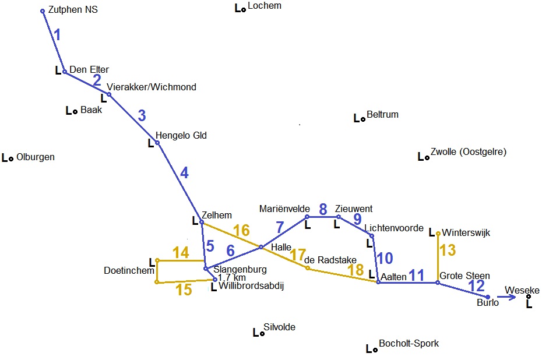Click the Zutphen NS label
pyautogui.click(x=73, y=10)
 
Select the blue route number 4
pyautogui.click(x=184, y=173)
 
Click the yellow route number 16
pyautogui.click(x=241, y=231)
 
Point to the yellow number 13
pyautogui.click(x=448, y=250)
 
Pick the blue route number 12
pyautogui.click(x=476, y=286)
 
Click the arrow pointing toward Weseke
pyautogui.click(x=507, y=297)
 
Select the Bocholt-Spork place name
pyautogui.click(x=409, y=344)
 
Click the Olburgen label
pyautogui.click(x=36, y=157)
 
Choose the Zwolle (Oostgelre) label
pyautogui.click(x=469, y=153)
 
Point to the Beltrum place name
pyautogui.click(x=382, y=115)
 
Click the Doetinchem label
pyautogui.click(x=129, y=271)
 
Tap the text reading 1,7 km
pyautogui.click(x=231, y=278)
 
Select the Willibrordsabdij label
pyautogui.click(x=251, y=286)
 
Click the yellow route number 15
pyautogui.click(x=184, y=290)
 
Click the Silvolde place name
pyautogui.click(x=279, y=327)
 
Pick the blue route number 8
pyautogui.click(x=322, y=209)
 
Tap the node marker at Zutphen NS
pyautogui.click(x=43, y=11)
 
